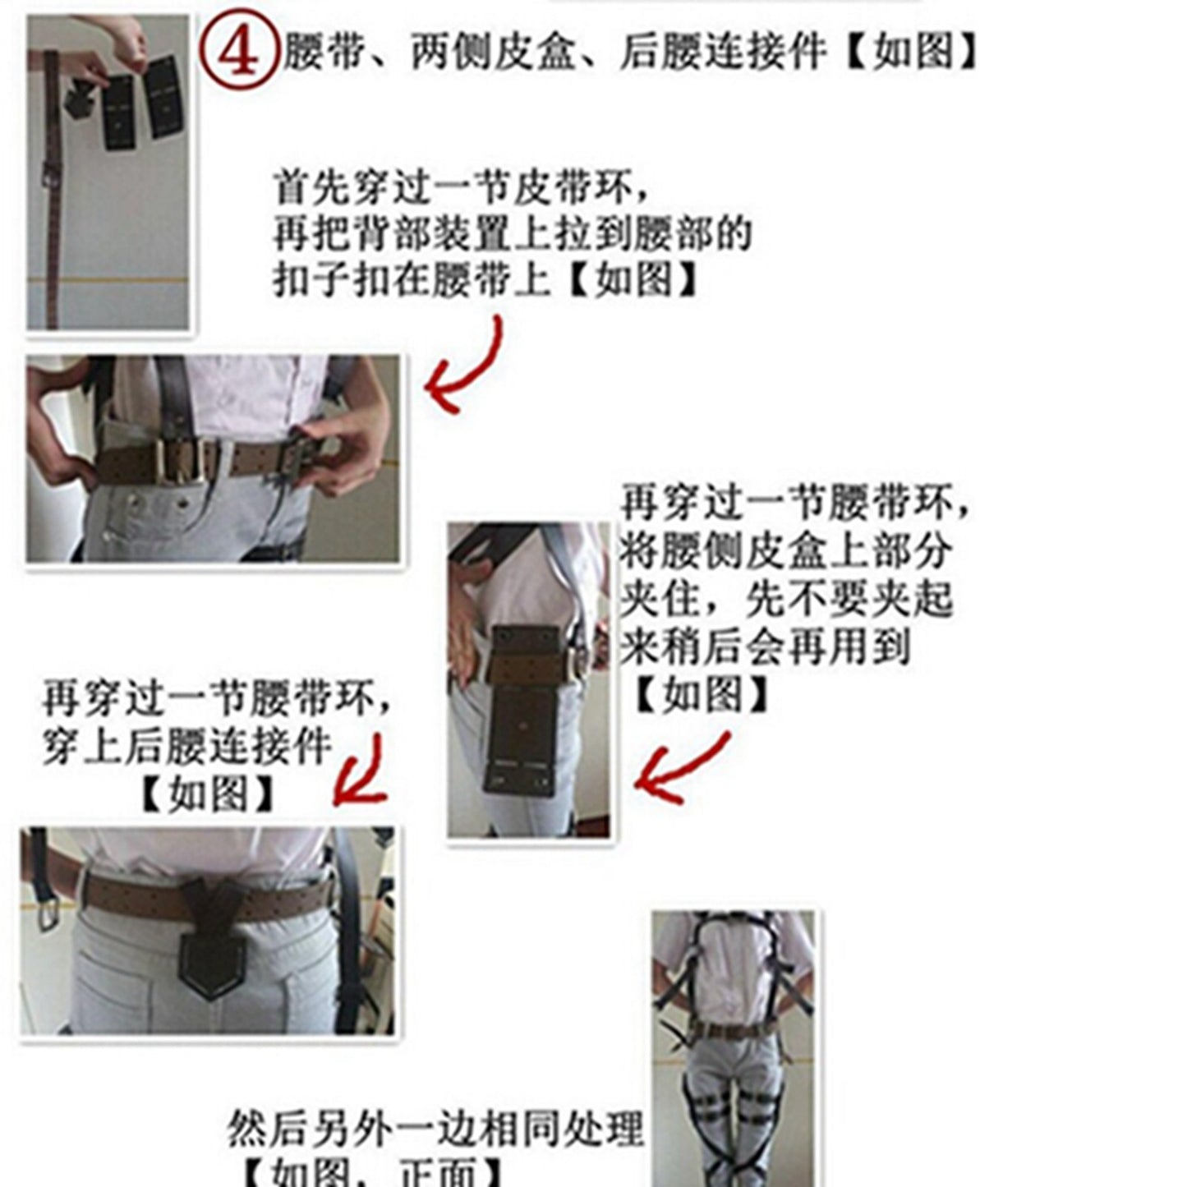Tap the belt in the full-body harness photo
click(x=731, y=1030)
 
